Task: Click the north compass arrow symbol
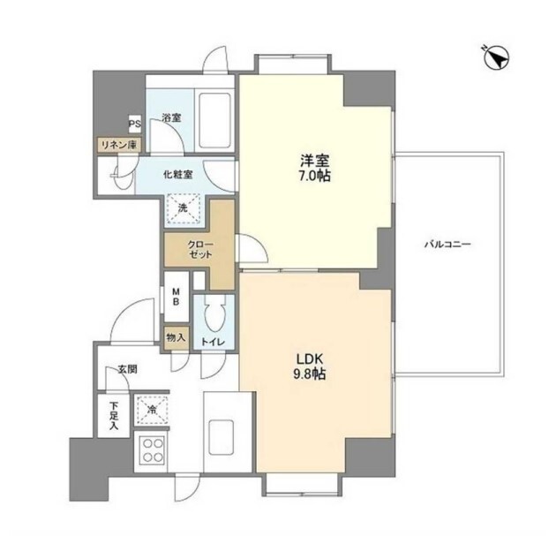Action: tap(496, 57)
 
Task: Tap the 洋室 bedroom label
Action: tap(314, 162)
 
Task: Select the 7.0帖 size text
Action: tap(314, 176)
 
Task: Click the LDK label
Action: tap(310, 359)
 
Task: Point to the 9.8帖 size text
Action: tap(310, 374)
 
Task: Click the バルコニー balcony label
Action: tap(447, 244)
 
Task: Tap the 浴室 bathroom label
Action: tap(171, 117)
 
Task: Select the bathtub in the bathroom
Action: tap(214, 121)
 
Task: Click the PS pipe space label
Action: tap(135, 125)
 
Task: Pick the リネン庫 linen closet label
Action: tap(119, 145)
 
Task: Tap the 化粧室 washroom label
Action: tap(178, 175)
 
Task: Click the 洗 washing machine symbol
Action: tap(183, 208)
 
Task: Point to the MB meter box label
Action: tap(176, 297)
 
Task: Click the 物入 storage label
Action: tap(176, 337)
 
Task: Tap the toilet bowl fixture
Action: tap(214, 314)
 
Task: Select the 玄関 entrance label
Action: tap(127, 370)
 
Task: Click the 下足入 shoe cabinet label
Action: tap(114, 416)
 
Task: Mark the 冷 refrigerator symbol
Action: tap(152, 410)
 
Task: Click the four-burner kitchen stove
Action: tap(153, 450)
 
